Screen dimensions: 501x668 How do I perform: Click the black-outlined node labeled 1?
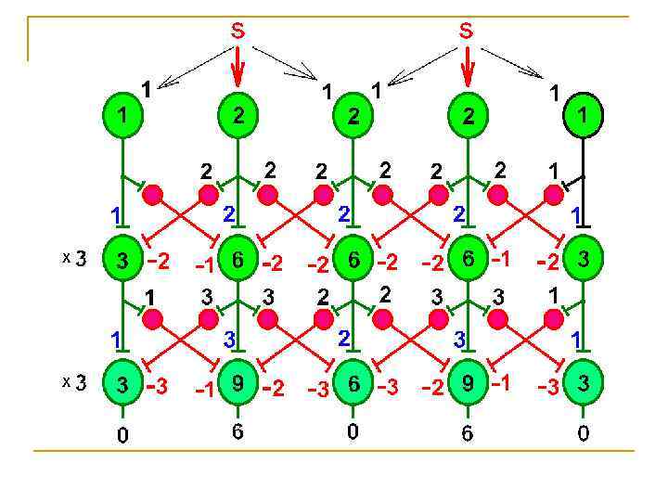(584, 116)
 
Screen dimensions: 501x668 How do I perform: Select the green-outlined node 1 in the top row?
(122, 116)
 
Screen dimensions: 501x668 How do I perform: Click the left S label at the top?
(238, 31)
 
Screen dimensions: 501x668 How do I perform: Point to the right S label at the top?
(467, 31)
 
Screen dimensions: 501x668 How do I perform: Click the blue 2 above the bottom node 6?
(343, 339)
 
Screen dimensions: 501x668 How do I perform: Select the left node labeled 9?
(238, 385)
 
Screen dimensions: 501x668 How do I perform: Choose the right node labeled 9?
(469, 385)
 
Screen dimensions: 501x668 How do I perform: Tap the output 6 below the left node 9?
(238, 433)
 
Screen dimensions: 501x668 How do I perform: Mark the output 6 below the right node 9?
(469, 433)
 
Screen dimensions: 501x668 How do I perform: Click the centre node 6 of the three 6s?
(353, 261)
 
